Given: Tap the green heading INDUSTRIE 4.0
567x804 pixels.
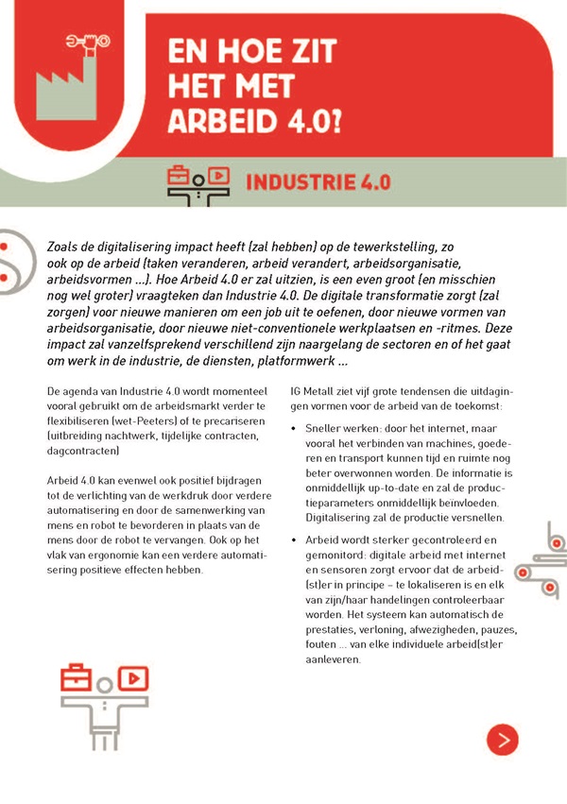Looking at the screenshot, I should click(x=318, y=181).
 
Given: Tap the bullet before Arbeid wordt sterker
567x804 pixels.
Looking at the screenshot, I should click(x=295, y=539).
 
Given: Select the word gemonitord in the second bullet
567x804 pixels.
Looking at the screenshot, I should click(x=343, y=554).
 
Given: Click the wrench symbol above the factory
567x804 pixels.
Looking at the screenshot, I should click(x=85, y=41).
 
